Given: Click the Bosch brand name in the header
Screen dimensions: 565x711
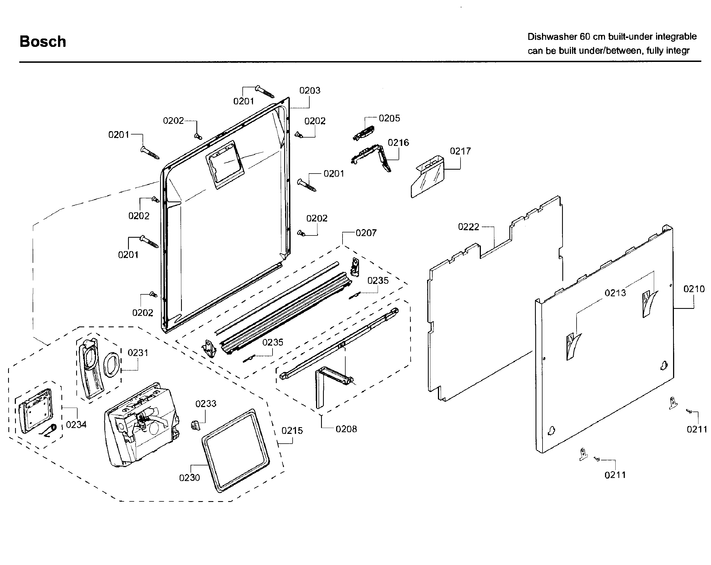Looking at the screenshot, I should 43,42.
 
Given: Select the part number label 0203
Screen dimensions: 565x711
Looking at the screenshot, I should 310,90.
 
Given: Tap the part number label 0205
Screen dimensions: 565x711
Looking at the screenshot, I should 389,118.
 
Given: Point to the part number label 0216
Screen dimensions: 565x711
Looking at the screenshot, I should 398,143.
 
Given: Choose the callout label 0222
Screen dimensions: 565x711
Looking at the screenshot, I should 468,227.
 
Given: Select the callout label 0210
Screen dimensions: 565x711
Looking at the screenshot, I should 694,289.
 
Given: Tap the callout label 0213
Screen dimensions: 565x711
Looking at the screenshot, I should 615,293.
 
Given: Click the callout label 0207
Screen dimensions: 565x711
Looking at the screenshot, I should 366,233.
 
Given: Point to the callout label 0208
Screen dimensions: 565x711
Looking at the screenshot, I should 346,429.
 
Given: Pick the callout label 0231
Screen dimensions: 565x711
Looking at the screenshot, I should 138,353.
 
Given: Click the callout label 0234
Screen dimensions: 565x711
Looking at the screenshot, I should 76,424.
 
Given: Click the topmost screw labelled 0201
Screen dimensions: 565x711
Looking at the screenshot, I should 265,92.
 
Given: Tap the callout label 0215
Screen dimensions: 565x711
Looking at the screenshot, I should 292,431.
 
